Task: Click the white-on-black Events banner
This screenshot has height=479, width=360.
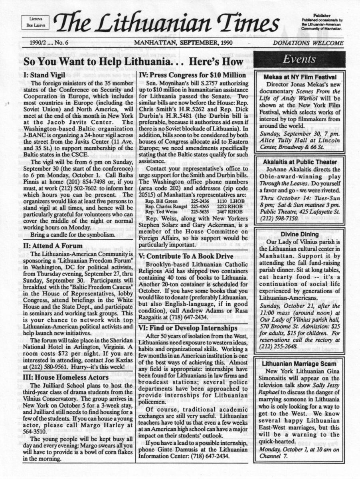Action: (x=299, y=59)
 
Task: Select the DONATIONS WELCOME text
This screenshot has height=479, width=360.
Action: (x=308, y=43)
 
